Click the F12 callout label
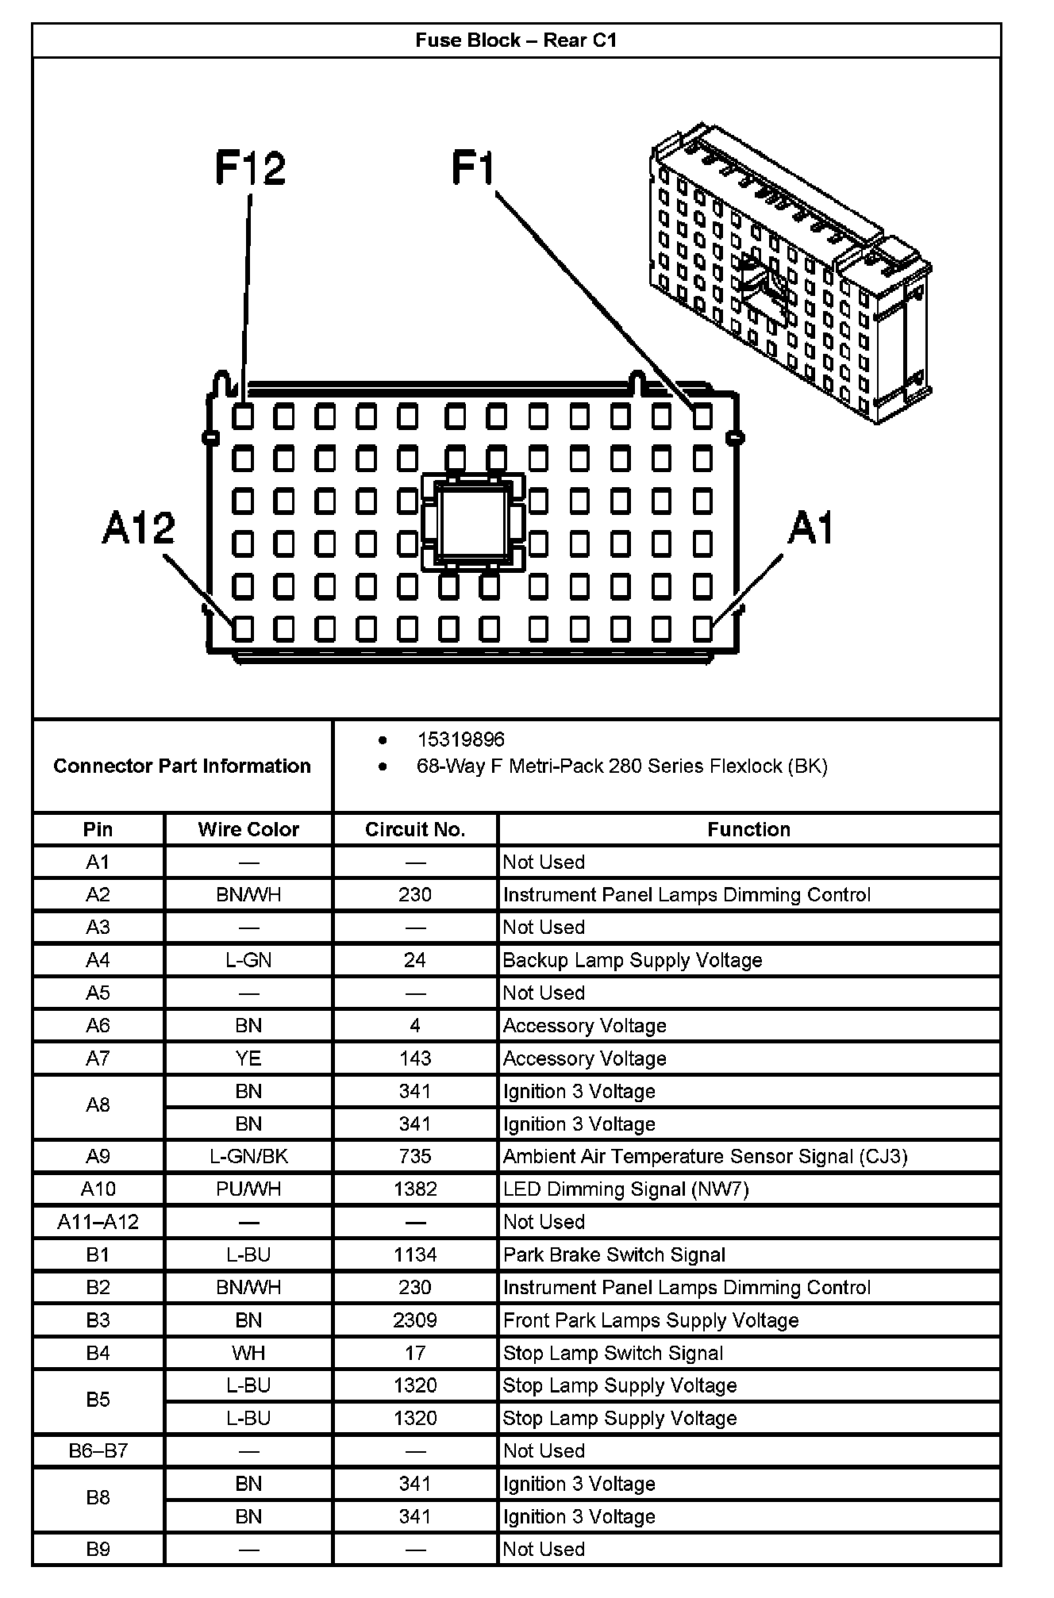(250, 168)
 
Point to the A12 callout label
(138, 528)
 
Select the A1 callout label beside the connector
(810, 528)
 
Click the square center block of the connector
(473, 521)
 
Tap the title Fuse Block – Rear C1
(516, 40)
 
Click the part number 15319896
(460, 739)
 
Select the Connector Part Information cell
(182, 766)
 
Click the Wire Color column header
(248, 829)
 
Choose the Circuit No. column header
(414, 829)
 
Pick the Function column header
(748, 829)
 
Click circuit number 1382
(414, 1189)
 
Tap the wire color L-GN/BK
(248, 1156)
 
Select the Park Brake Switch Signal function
(614, 1254)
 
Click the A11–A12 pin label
(98, 1222)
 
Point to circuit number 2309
(414, 1320)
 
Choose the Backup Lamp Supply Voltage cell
(632, 960)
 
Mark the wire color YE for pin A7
(248, 1058)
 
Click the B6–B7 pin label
(98, 1451)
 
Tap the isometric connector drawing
(790, 274)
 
